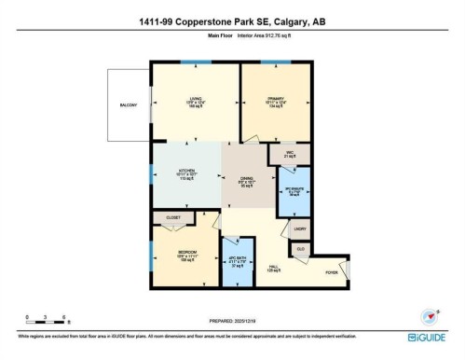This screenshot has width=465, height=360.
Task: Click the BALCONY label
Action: (x=129, y=105)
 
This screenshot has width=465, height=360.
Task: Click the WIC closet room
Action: (x=289, y=155)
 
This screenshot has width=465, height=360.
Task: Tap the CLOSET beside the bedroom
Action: (x=173, y=217)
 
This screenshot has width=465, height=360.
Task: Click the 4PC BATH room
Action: (x=238, y=261)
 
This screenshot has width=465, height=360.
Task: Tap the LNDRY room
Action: (x=299, y=228)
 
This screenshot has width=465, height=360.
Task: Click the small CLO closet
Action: (x=301, y=250)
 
